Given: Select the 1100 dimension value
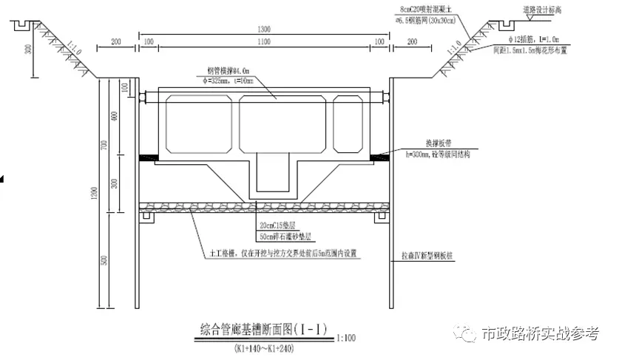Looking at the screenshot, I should point(265,43).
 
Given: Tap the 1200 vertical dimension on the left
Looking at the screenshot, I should point(95,194).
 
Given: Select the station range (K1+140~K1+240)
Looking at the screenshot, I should point(263,347).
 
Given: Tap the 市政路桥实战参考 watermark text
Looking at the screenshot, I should point(540,334).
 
